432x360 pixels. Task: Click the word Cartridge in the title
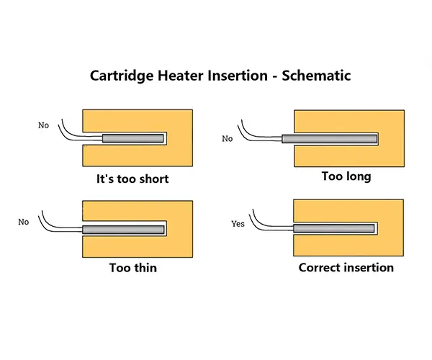click(x=122, y=76)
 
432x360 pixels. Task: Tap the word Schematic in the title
click(x=316, y=76)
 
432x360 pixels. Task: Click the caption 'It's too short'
click(x=132, y=179)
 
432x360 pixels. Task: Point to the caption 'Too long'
click(x=346, y=176)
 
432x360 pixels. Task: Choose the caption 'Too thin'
click(x=133, y=268)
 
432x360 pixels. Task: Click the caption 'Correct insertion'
click(x=346, y=267)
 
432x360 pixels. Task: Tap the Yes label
click(x=238, y=224)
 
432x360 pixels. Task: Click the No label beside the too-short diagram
click(x=43, y=125)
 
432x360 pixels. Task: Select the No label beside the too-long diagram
click(x=228, y=138)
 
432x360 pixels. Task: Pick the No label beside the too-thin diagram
click(x=24, y=222)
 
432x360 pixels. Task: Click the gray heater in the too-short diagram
click(x=133, y=138)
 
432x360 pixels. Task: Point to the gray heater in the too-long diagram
click(x=330, y=138)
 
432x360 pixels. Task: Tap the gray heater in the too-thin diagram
click(x=123, y=230)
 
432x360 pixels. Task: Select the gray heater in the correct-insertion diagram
click(x=334, y=228)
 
